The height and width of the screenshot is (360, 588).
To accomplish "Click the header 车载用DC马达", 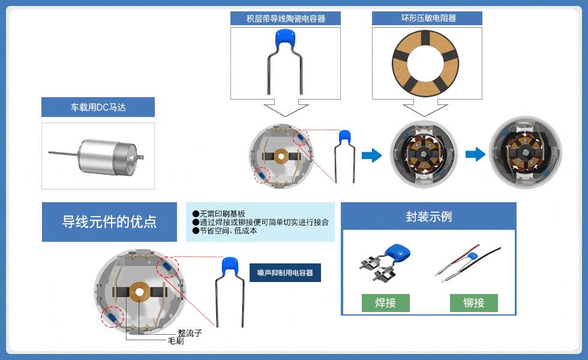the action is (x=98, y=107).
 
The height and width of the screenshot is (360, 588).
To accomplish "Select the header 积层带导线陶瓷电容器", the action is (x=286, y=19).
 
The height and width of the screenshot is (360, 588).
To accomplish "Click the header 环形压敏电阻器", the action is (x=427, y=18).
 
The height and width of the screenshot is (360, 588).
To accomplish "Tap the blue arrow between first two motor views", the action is (x=371, y=155).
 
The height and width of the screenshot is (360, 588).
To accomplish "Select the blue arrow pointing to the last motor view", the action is (x=475, y=154).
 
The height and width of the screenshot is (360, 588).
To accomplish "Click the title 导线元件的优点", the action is (x=109, y=221).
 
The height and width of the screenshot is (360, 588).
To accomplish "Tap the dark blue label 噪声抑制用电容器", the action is (x=285, y=272).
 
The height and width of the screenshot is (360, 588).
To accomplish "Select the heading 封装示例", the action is (x=428, y=217).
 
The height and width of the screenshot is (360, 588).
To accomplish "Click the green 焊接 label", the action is (x=385, y=302).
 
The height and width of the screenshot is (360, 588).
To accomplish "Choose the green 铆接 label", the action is (x=473, y=302).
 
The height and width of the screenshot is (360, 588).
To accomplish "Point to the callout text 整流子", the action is (x=190, y=332).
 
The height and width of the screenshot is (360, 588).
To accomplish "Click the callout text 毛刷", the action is (x=175, y=341).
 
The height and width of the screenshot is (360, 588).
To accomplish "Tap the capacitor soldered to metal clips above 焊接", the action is (x=385, y=262).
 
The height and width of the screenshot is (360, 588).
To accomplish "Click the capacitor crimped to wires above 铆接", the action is (x=468, y=263).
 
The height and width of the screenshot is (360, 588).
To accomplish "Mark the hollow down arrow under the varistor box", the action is (x=425, y=109).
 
